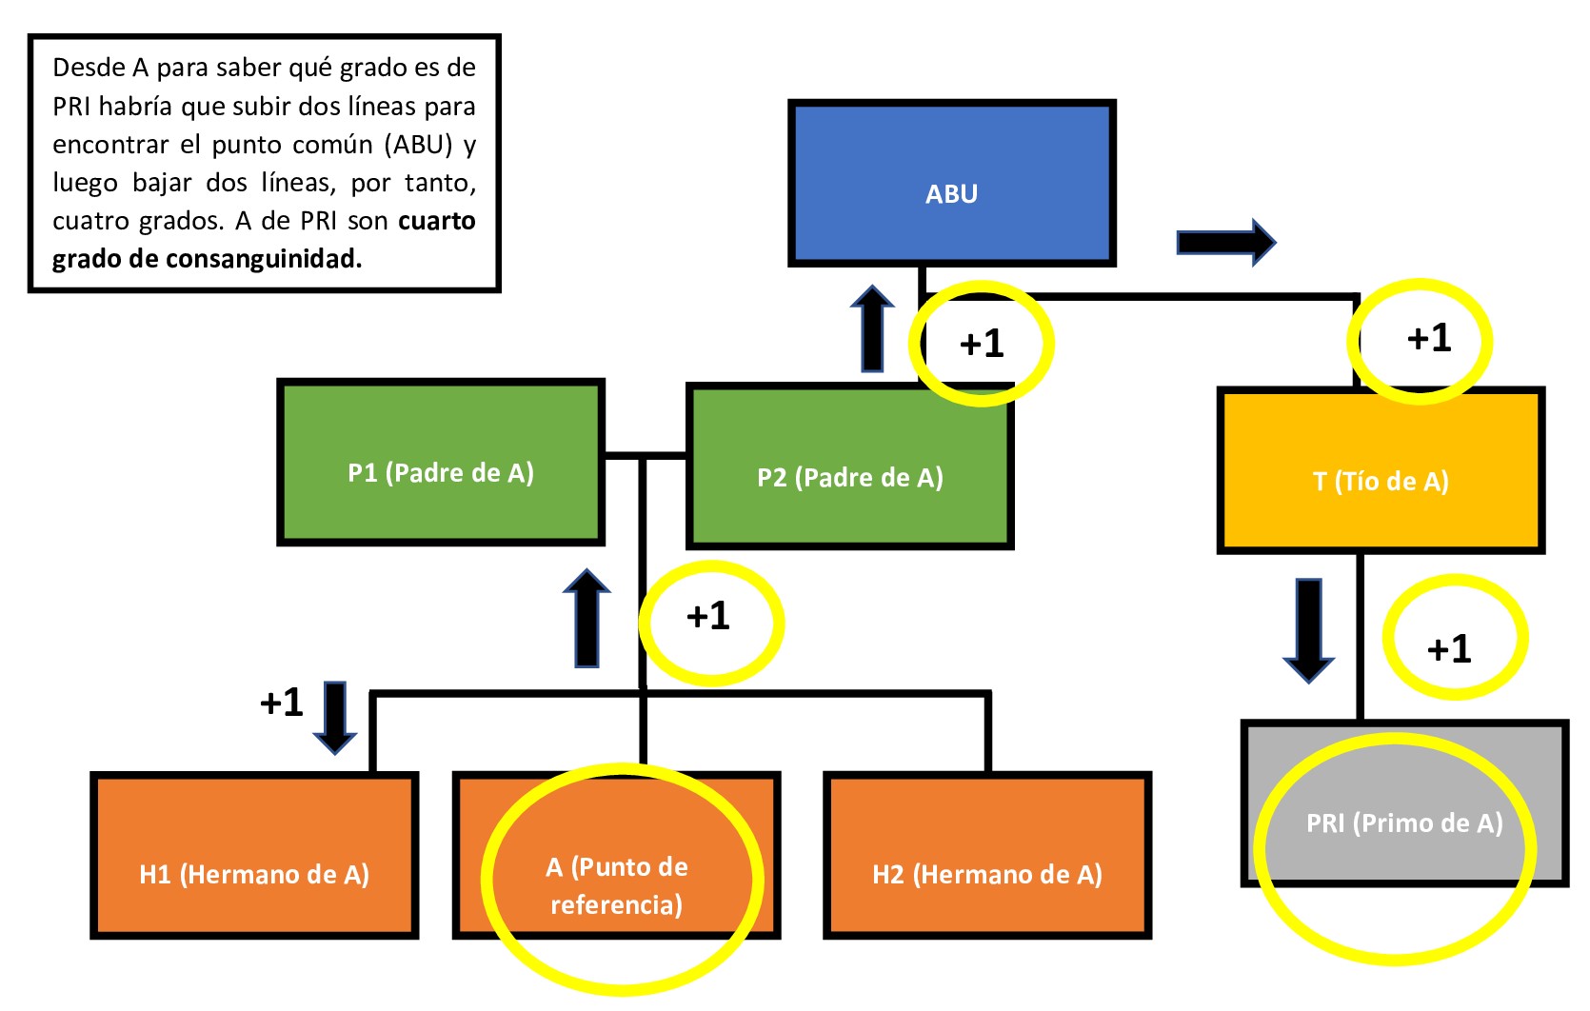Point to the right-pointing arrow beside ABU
click(x=1225, y=243)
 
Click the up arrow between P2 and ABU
click(x=872, y=328)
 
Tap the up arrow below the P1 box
click(x=586, y=619)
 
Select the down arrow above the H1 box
click(x=335, y=717)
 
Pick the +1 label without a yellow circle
click(x=282, y=703)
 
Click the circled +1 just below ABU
click(x=982, y=344)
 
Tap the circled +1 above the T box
click(x=1429, y=338)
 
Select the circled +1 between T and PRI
click(x=1449, y=649)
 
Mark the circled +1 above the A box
click(x=708, y=617)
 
